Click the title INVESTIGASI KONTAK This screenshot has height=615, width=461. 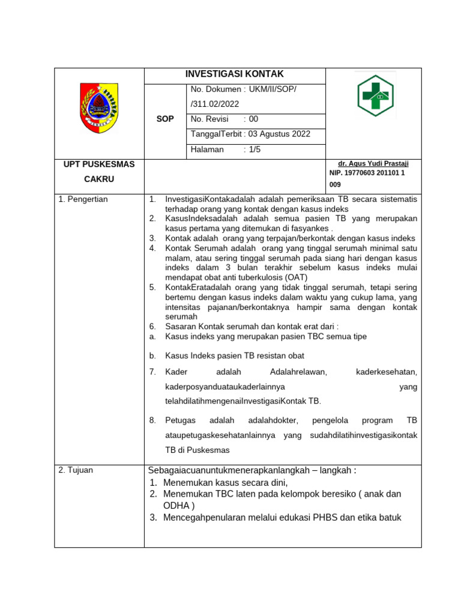point(234,74)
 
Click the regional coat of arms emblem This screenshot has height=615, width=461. point(99,108)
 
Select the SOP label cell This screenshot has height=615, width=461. point(165,119)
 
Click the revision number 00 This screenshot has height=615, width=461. point(253,119)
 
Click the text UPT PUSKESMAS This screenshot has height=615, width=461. point(100,164)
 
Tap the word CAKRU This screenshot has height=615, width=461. point(99,179)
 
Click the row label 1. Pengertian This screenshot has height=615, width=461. point(83,199)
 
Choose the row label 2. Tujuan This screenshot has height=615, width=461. point(76,470)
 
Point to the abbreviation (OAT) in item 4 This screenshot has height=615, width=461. point(296,277)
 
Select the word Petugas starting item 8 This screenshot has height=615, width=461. point(179,420)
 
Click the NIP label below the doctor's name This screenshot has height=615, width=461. point(336,173)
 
